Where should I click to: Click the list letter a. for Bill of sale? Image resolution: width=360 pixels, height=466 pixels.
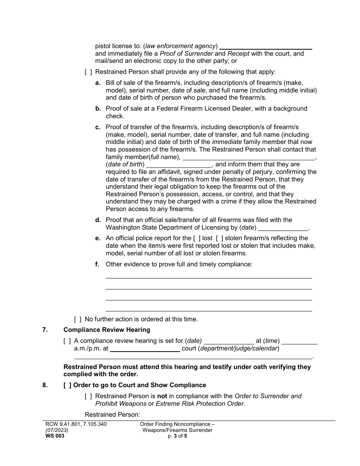pos(98,83)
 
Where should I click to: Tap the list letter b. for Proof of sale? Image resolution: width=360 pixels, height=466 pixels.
pos(98,109)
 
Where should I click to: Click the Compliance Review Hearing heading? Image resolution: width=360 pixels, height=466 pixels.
pos(106,330)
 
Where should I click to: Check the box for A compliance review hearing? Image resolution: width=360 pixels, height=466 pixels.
pos(67,341)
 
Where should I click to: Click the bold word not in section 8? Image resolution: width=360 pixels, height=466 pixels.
pos(162,396)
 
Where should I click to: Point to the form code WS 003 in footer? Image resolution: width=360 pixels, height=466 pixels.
pos(55,436)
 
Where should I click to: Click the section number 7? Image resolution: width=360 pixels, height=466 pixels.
pos(45,330)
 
